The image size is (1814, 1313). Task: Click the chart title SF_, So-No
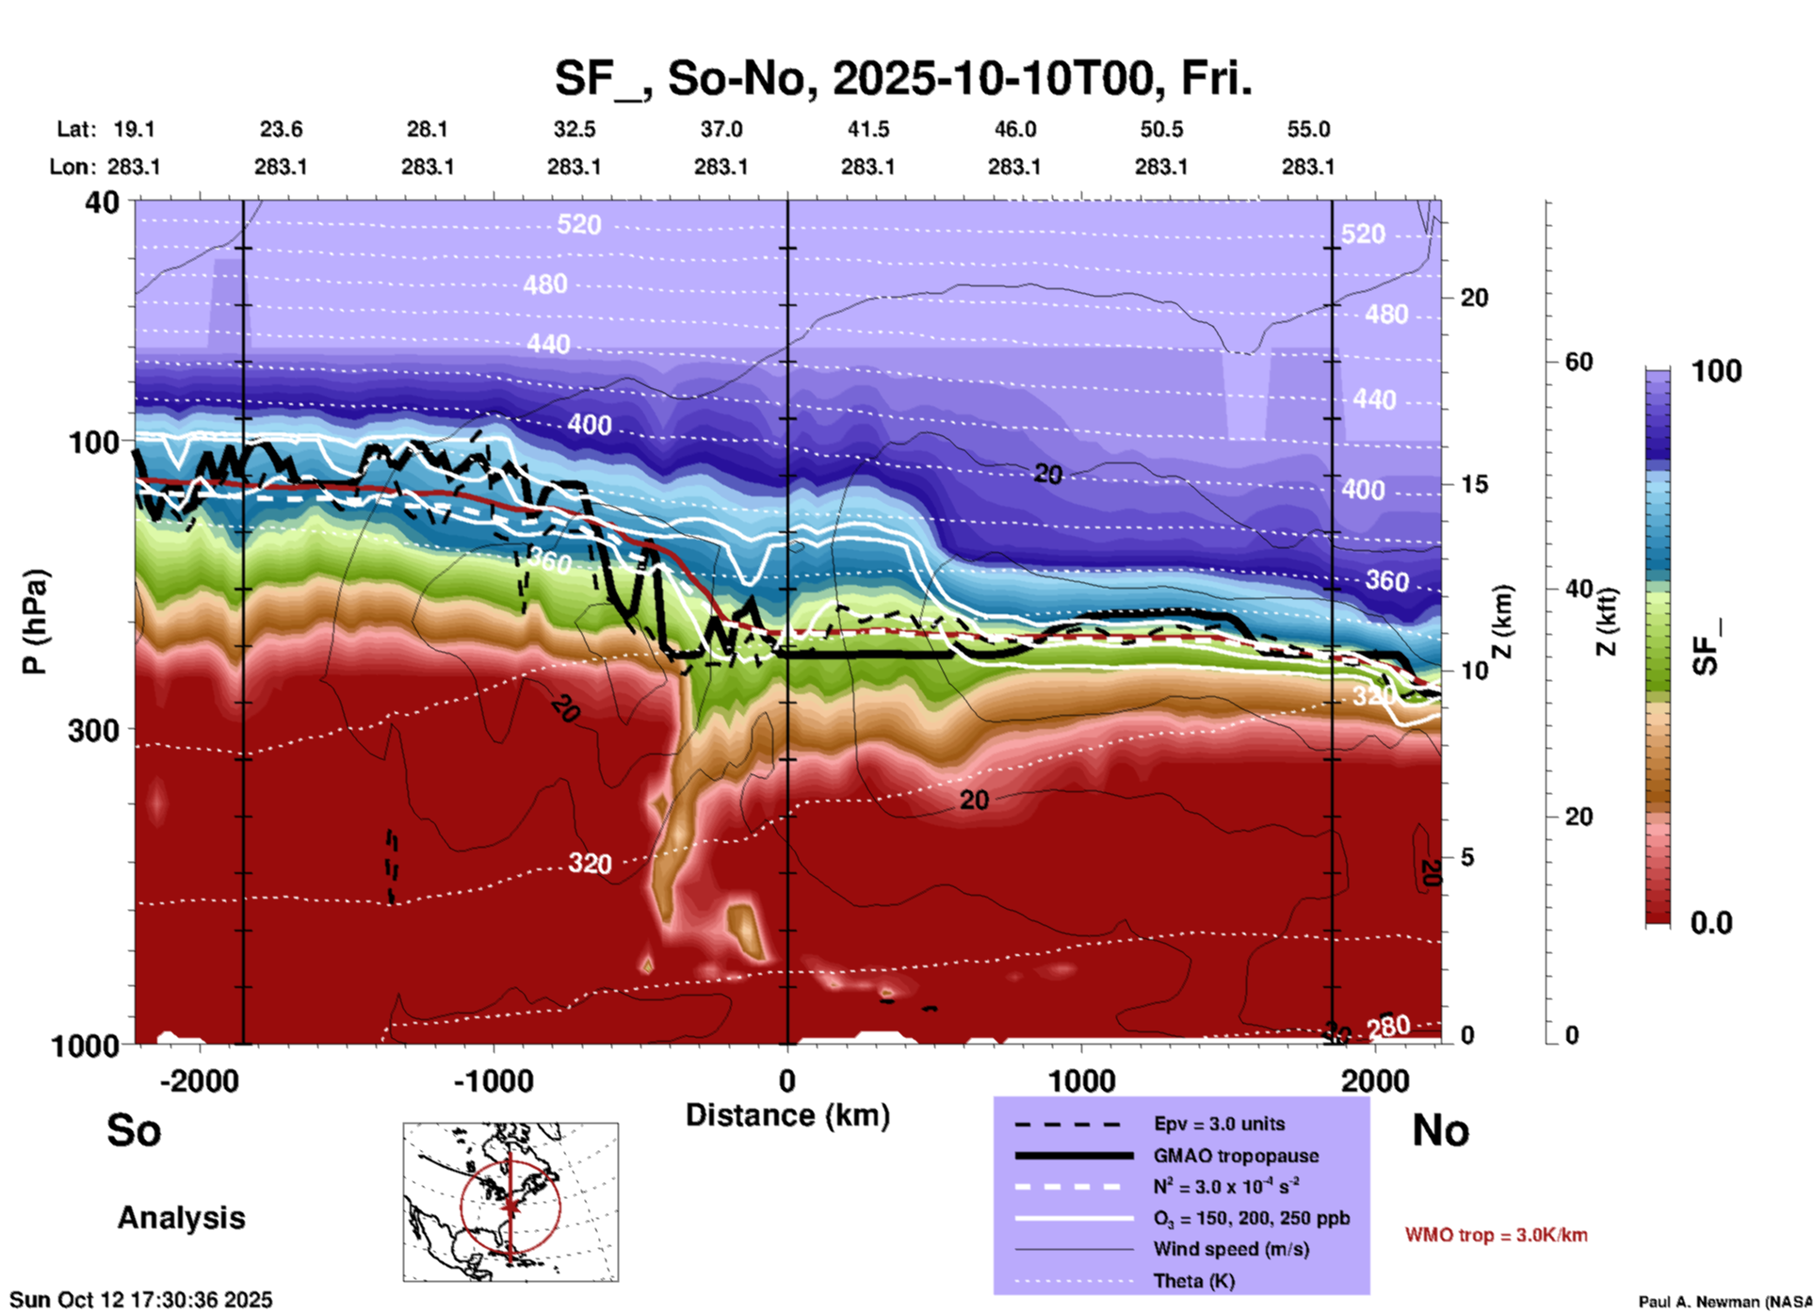click(902, 79)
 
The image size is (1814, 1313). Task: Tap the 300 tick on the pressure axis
click(94, 730)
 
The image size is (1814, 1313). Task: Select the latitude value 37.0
click(721, 129)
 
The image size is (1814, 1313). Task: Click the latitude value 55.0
click(1307, 129)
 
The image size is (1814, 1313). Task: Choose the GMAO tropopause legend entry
click(1235, 1156)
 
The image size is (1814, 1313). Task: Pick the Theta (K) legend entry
click(1193, 1281)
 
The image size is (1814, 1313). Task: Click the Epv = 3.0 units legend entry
click(1219, 1124)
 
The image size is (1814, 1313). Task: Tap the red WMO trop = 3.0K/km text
click(1496, 1235)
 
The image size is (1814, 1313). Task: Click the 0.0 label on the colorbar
click(1710, 923)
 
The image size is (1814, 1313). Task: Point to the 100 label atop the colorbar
click(1716, 371)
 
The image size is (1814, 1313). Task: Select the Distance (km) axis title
click(787, 1115)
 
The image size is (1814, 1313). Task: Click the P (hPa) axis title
click(35, 621)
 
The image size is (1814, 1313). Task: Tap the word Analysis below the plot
click(181, 1218)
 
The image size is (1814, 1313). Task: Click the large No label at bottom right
click(1440, 1130)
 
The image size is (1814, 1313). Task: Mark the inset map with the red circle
click(510, 1202)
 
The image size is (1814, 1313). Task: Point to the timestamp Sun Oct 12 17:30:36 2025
click(141, 1300)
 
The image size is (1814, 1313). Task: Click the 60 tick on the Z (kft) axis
click(1579, 362)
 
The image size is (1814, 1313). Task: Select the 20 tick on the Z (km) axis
click(1473, 298)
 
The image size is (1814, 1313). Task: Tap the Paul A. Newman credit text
click(1725, 1302)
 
